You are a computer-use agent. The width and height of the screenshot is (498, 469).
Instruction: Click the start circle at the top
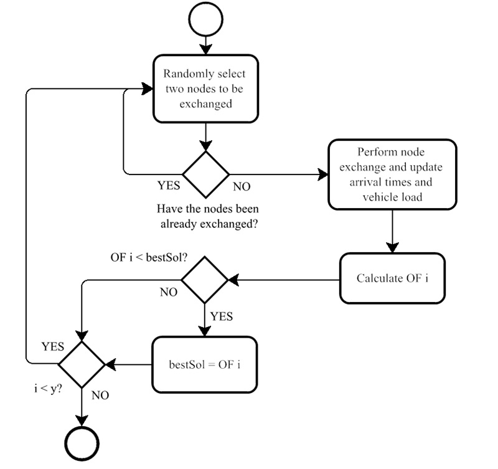pos(205,20)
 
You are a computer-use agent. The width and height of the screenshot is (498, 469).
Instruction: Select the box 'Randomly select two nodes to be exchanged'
pos(205,88)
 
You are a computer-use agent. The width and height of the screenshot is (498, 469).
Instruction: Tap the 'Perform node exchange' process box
pos(392,174)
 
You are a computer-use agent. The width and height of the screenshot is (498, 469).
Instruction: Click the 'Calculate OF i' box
pos(392,278)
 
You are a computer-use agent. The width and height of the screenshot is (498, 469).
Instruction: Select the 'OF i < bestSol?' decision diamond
pos(205,280)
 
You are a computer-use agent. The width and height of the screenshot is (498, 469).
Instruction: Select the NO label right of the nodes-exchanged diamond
pos(242,186)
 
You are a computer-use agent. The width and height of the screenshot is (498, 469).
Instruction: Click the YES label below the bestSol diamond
pos(221,316)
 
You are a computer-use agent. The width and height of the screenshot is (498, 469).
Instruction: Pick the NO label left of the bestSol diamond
pos(168,291)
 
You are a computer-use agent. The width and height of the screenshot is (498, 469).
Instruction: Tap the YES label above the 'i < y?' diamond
pos(52,346)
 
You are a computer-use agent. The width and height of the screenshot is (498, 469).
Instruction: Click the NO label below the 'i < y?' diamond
pos(101,395)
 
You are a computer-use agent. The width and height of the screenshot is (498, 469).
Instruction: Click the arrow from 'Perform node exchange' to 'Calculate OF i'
pos(392,230)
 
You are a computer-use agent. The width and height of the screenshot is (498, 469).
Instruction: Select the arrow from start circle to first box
pos(205,44)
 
